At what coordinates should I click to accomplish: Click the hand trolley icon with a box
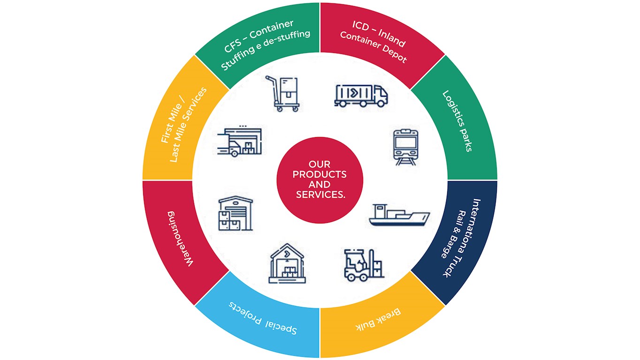tap(283, 93)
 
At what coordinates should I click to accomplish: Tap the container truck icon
tap(361, 95)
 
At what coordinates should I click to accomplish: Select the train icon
tap(405, 147)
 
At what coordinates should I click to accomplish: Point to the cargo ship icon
tap(399, 215)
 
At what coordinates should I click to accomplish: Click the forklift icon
tap(364, 265)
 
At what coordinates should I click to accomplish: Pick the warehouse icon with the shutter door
tap(236, 213)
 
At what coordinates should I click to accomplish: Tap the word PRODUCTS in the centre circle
tap(320, 174)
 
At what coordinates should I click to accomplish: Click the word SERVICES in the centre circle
tap(320, 195)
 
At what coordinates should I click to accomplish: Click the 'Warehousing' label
tap(180, 239)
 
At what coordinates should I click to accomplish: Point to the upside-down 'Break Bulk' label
tap(378, 320)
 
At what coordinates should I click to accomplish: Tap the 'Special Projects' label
tap(263, 318)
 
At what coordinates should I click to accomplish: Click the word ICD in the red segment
tap(360, 26)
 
